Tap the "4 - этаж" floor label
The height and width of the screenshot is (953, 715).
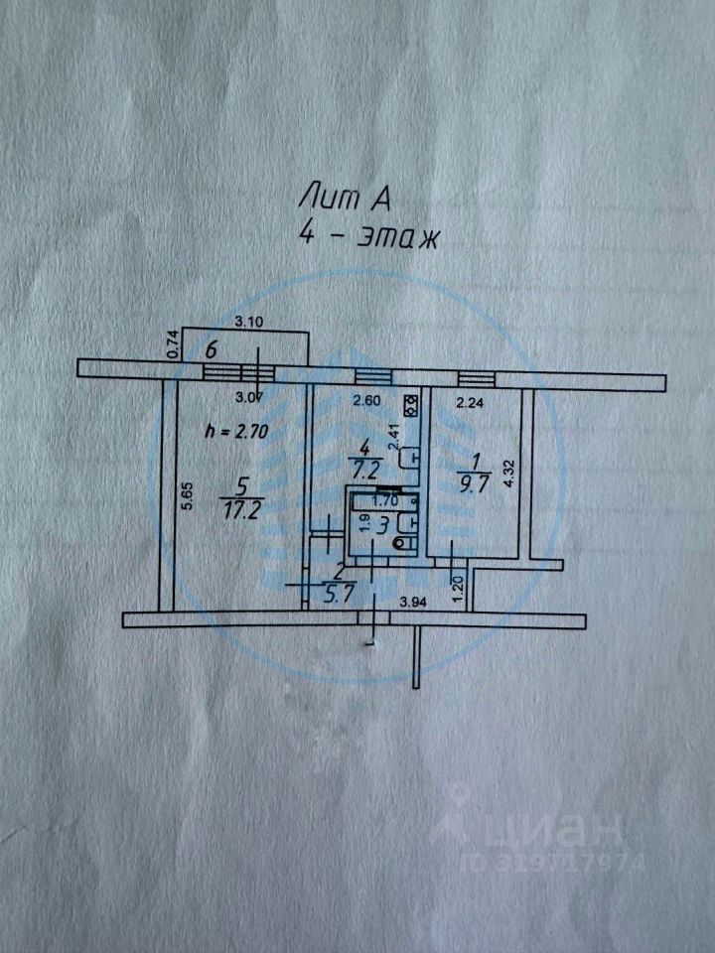368,237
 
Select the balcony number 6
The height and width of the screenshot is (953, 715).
211,349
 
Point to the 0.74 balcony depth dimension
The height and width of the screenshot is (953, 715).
172,344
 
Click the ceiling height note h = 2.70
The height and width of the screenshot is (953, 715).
235,431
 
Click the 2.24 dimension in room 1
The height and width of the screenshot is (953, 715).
469,402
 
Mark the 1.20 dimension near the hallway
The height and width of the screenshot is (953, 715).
457,587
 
